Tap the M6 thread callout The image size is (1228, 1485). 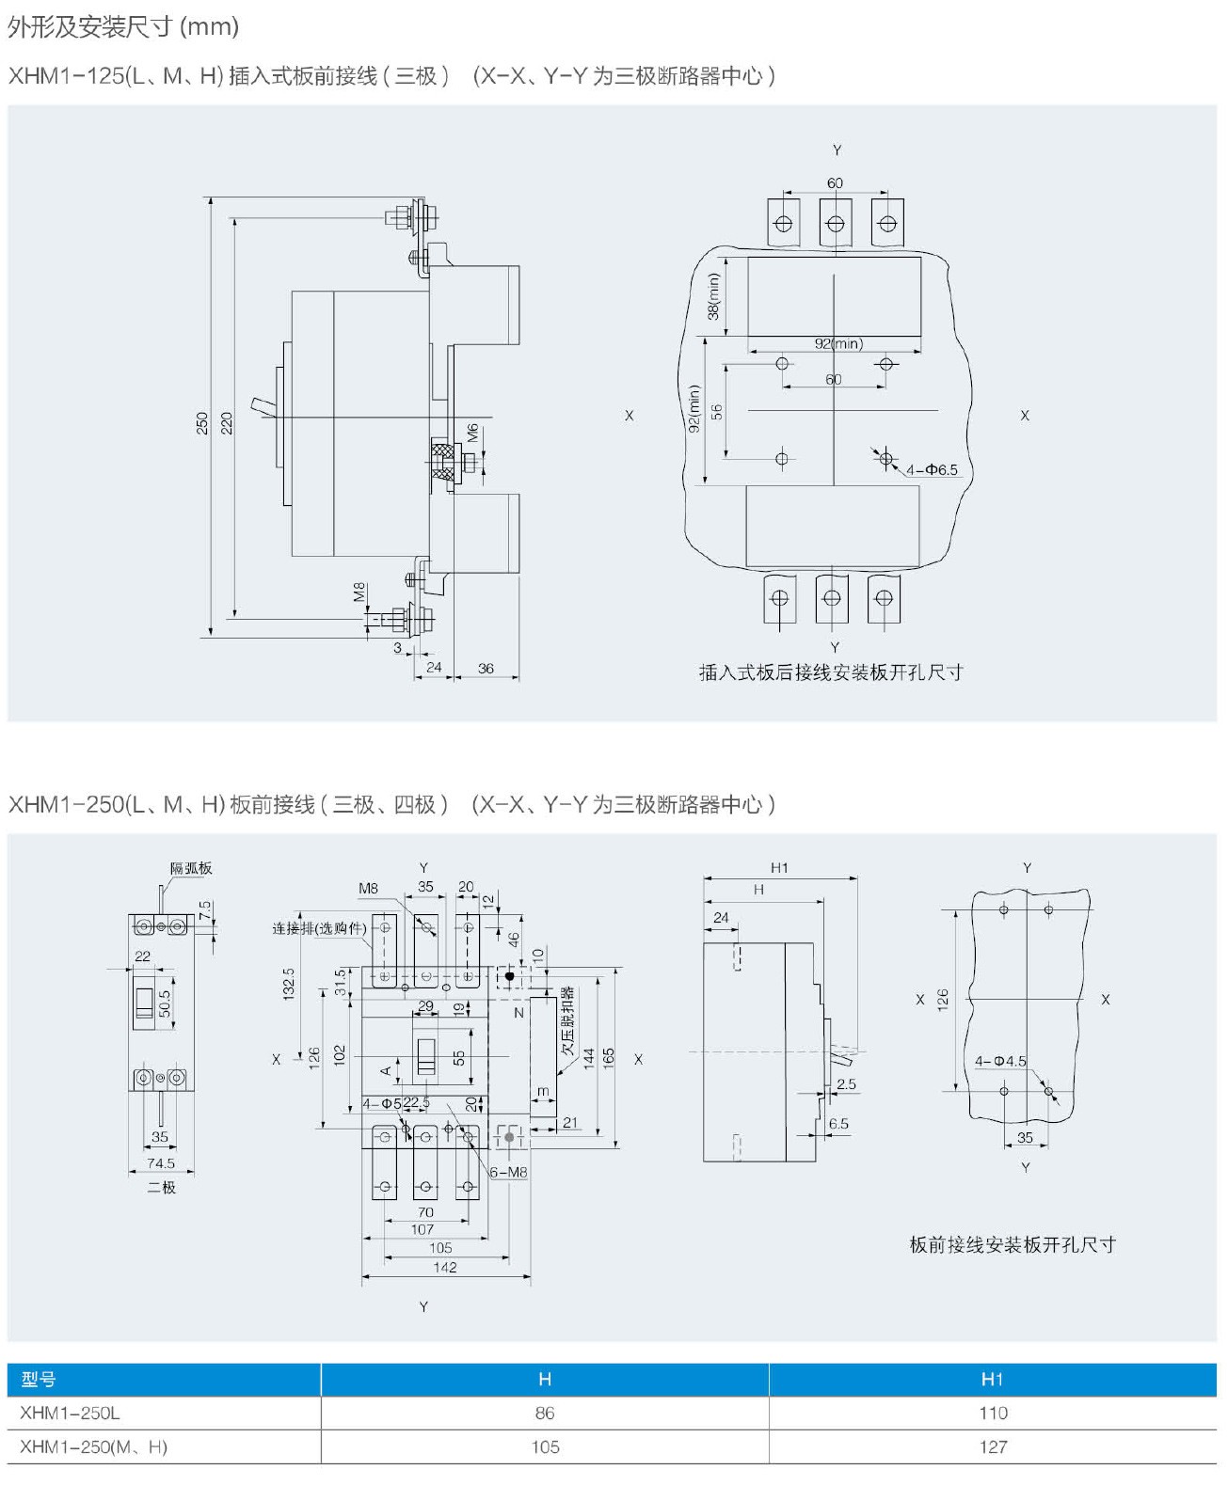[472, 432]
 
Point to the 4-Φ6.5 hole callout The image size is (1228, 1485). [932, 469]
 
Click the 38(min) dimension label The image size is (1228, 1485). [713, 295]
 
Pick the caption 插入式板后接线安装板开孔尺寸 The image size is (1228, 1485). [830, 672]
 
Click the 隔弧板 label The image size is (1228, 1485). [191, 868]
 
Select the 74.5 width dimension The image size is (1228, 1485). [161, 1163]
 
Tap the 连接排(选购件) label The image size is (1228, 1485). [319, 928]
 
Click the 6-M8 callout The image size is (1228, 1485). [508, 1172]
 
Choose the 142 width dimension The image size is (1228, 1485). [444, 1267]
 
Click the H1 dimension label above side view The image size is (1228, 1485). [779, 868]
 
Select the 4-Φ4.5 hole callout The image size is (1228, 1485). [1000, 1061]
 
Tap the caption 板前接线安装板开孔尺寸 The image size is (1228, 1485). [1013, 1244]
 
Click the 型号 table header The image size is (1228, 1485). [39, 1380]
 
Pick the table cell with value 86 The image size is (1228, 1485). [545, 1413]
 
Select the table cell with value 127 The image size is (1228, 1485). [993, 1446]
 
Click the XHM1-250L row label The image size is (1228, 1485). [70, 1413]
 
